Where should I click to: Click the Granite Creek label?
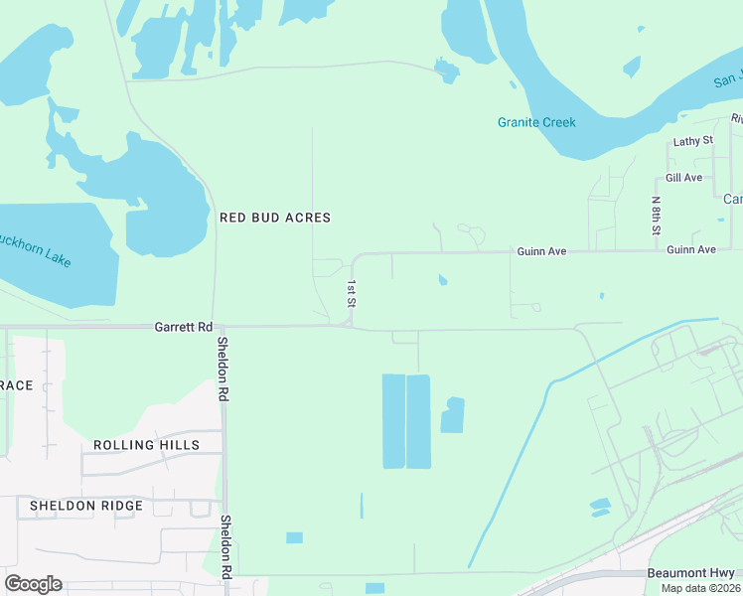pyautogui.click(x=536, y=122)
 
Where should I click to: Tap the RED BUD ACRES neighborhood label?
pyautogui.click(x=274, y=217)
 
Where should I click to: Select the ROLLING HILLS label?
pyautogui.click(x=146, y=445)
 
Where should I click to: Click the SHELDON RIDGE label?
pyautogui.click(x=86, y=506)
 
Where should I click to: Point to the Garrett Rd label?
pyautogui.click(x=184, y=326)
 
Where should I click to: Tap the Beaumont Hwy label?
pyautogui.click(x=691, y=573)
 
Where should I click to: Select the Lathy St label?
pyautogui.click(x=692, y=141)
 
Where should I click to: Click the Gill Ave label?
pyautogui.click(x=684, y=178)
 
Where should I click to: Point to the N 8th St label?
pyautogui.click(x=656, y=216)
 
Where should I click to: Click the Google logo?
pyautogui.click(x=32, y=584)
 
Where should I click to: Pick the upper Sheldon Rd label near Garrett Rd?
pyautogui.click(x=223, y=368)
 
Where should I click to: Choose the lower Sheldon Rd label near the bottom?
pyautogui.click(x=225, y=546)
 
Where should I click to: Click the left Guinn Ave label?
pyautogui.click(x=541, y=252)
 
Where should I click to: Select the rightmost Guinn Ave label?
pyautogui.click(x=691, y=249)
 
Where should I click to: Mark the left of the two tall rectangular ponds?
pyautogui.click(x=393, y=421)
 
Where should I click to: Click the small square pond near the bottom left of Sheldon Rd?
pyautogui.click(x=294, y=537)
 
